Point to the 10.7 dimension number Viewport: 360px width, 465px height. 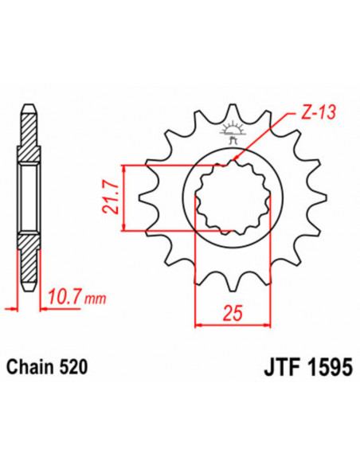click(67, 300)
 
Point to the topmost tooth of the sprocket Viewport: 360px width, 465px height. click(233, 111)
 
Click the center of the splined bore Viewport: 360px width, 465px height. click(232, 198)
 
